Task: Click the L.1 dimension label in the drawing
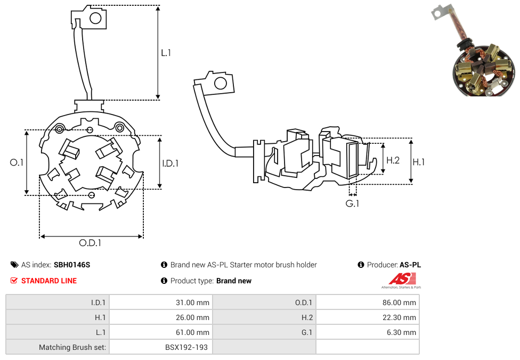166,53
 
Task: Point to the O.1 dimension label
17,162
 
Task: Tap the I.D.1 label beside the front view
170,163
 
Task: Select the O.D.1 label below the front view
90,243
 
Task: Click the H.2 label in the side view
393,160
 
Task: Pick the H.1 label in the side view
419,162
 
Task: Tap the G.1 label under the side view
352,203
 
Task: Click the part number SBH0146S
72,265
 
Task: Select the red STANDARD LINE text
49,281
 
